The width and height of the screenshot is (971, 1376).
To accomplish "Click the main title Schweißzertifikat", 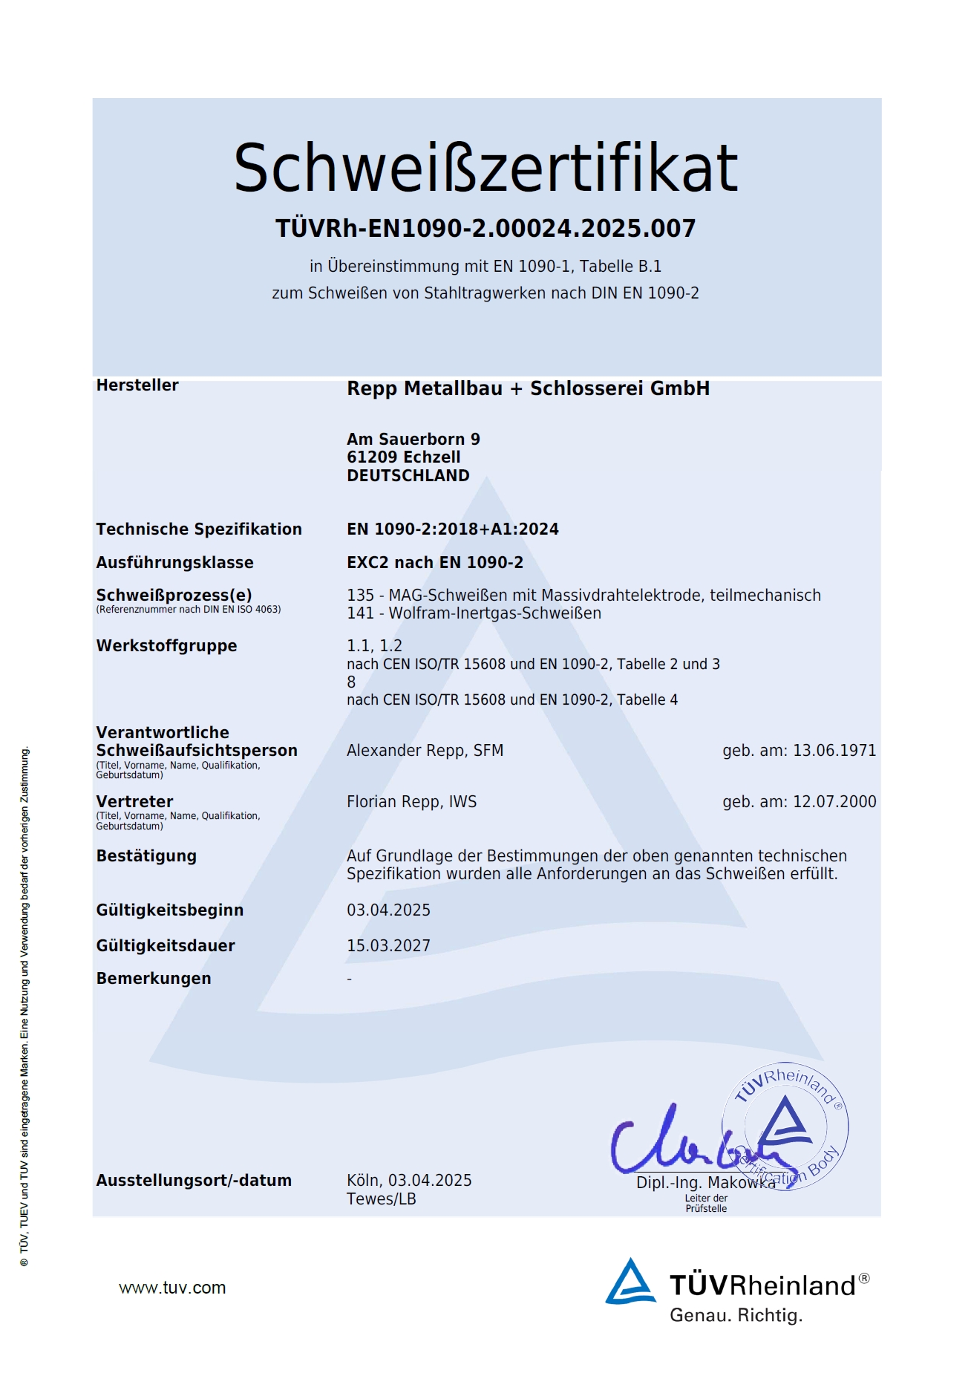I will click(485, 168).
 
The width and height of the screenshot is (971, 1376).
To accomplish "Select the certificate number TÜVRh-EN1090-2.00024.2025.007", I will click(485, 229).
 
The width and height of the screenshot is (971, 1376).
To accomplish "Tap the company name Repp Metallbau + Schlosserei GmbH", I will click(528, 388).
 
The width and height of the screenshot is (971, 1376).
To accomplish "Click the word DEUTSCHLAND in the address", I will click(408, 476).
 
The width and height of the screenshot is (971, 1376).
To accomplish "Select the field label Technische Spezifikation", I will click(199, 529).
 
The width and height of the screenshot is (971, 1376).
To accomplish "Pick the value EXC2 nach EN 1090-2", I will click(434, 563).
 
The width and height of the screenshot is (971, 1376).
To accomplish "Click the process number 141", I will click(360, 613).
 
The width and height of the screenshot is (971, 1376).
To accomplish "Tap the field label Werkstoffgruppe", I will click(166, 646).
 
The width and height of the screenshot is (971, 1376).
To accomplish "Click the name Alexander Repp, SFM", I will click(425, 751).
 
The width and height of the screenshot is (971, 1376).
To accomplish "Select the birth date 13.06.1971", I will click(834, 751).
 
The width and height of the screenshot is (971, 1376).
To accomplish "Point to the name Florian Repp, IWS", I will click(411, 802).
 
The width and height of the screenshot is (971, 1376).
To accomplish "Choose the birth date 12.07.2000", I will click(834, 802).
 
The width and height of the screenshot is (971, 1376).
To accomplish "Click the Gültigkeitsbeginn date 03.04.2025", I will click(388, 910).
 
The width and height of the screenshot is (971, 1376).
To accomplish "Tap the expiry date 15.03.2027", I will click(388, 946).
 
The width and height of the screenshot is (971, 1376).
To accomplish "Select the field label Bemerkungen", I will click(154, 979).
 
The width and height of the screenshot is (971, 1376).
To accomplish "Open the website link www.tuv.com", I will click(172, 1288).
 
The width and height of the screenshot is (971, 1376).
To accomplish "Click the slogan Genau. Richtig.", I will click(736, 1315).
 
